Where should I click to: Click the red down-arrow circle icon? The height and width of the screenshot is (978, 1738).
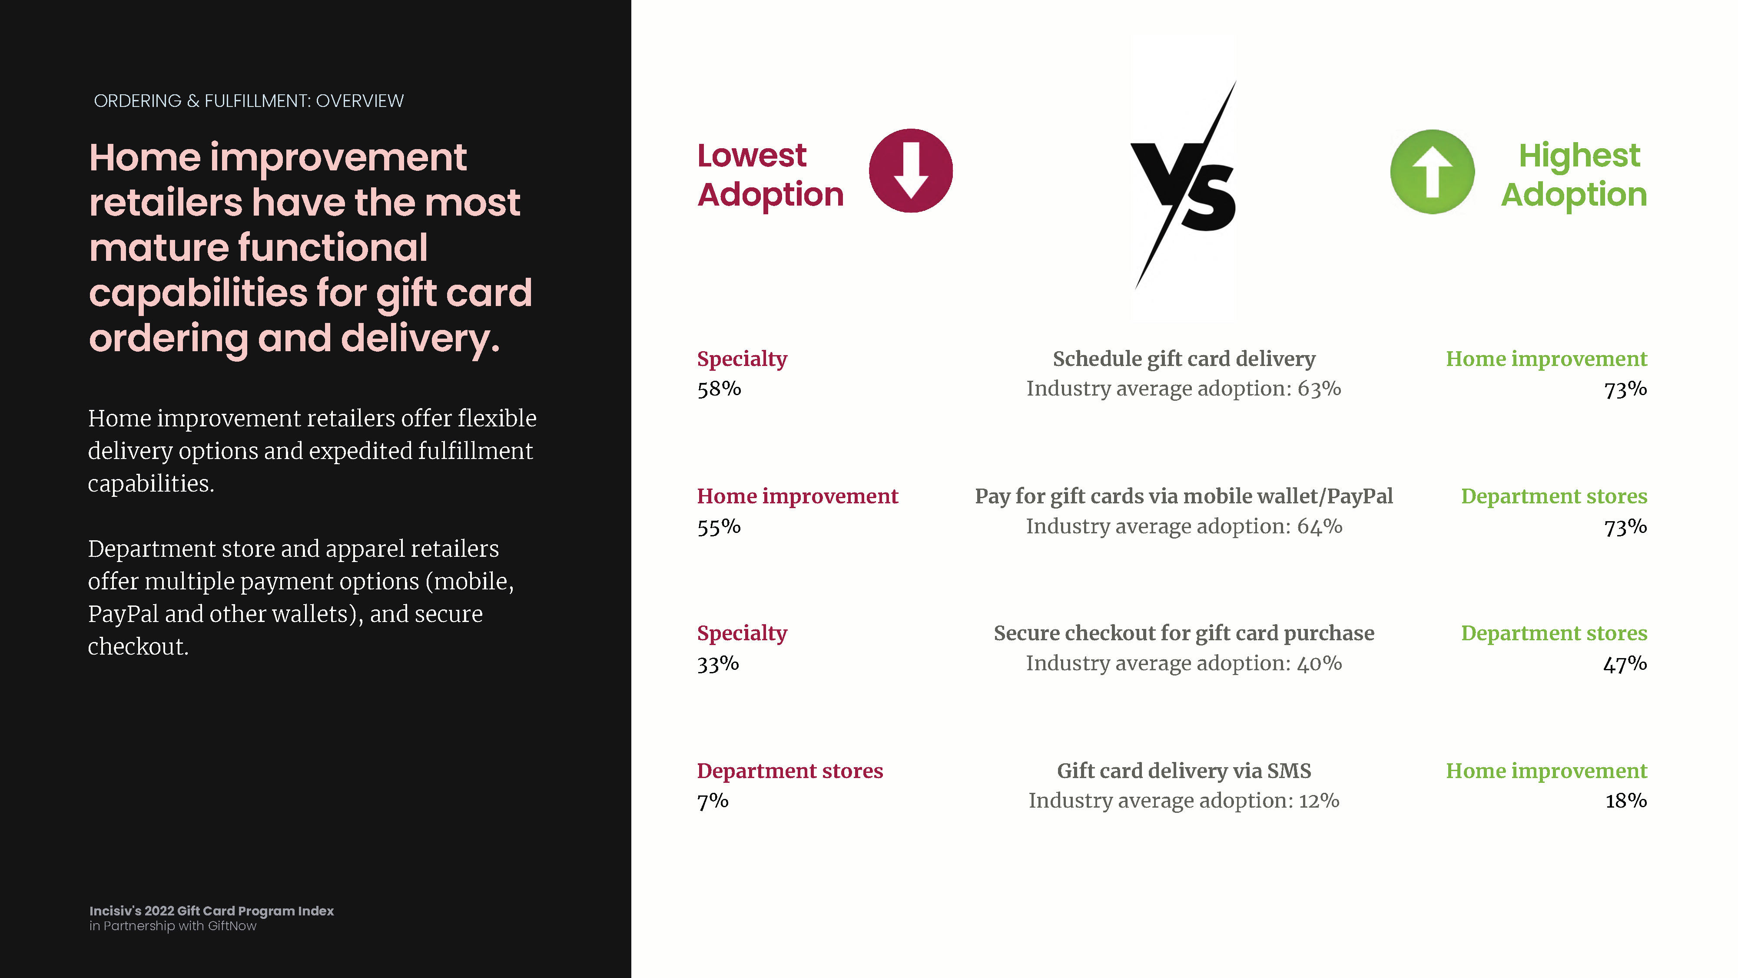pyautogui.click(x=911, y=171)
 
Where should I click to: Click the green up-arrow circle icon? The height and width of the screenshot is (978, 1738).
pyautogui.click(x=1433, y=171)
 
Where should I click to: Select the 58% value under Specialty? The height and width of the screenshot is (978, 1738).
pyautogui.click(x=719, y=389)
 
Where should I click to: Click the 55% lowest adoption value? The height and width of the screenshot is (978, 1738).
pyautogui.click(x=719, y=526)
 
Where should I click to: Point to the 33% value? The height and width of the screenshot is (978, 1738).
pyautogui.click(x=718, y=663)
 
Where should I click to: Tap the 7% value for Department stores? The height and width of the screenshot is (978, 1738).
pyautogui.click(x=713, y=801)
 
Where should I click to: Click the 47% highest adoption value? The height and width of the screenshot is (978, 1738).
pyautogui.click(x=1625, y=663)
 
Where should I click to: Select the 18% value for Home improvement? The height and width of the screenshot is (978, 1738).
pyautogui.click(x=1626, y=801)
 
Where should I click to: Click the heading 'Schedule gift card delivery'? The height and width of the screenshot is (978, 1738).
pyautogui.click(x=1184, y=359)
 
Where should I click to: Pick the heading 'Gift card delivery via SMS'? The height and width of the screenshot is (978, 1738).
pyautogui.click(x=1184, y=771)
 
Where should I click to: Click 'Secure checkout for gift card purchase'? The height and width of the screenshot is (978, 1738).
pyautogui.click(x=1184, y=633)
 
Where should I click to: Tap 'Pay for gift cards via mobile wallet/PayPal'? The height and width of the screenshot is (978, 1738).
pyautogui.click(x=1184, y=496)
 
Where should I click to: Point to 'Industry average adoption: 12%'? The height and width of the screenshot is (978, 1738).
pyautogui.click(x=1184, y=801)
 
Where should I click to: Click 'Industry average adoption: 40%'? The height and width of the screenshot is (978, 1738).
pyautogui.click(x=1184, y=663)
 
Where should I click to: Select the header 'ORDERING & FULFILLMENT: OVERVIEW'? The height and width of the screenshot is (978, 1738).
pyautogui.click(x=249, y=101)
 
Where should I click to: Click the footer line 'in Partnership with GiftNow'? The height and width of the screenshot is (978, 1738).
pyautogui.click(x=173, y=926)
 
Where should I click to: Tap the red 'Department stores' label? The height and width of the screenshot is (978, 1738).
pyautogui.click(x=790, y=771)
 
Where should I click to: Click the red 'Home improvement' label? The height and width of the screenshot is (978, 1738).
pyautogui.click(x=797, y=496)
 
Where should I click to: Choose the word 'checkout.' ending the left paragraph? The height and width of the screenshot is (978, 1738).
pyautogui.click(x=138, y=647)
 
